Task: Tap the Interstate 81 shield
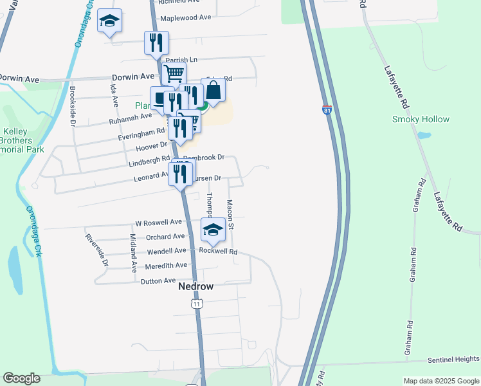point(327,111)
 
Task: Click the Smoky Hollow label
point(421,119)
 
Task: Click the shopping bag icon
point(213,90)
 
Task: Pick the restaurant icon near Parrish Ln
point(156,43)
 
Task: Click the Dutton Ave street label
point(158,280)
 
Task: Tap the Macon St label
point(230,214)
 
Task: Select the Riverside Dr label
point(97,250)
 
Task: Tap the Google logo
point(21,378)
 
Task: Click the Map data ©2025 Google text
point(441,381)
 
